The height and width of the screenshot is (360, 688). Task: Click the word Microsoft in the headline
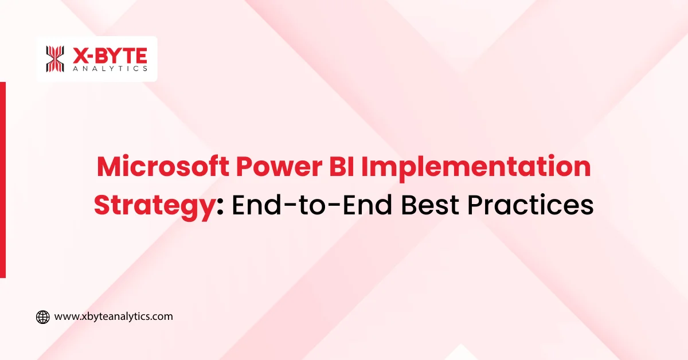point(163,166)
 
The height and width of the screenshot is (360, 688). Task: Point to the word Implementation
point(476,169)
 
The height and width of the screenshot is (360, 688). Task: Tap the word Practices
point(530,205)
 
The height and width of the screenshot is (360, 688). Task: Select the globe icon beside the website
point(42,317)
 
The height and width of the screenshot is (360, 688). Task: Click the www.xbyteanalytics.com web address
point(114,316)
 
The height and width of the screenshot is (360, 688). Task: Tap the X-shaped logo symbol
point(55,59)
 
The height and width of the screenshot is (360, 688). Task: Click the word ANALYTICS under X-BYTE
point(110,68)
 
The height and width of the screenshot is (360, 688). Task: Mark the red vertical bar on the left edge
point(3,179)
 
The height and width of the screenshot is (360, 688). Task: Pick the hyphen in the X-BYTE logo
point(89,57)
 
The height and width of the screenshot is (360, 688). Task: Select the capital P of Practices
point(475,205)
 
